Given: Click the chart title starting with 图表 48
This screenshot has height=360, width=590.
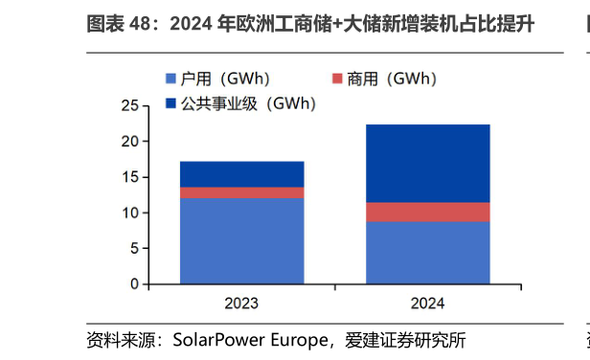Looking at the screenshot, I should click(x=310, y=24).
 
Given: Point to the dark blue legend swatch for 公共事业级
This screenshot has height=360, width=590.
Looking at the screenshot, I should click(x=171, y=102).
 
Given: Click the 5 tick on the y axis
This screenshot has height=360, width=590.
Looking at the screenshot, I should click(x=134, y=249).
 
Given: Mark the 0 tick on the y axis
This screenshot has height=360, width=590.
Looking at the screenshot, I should click(x=134, y=284).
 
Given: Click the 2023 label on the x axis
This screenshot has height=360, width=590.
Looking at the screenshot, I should click(x=241, y=304).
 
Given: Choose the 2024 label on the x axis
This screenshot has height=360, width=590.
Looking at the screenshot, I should click(x=427, y=304).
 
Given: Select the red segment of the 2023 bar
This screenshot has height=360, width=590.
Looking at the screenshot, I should click(x=241, y=192).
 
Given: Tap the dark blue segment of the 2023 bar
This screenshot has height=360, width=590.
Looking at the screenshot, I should click(x=241, y=173).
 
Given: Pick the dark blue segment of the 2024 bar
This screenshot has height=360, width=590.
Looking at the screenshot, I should click(x=427, y=163).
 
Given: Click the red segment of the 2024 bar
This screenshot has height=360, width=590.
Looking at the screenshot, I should click(x=427, y=212).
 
